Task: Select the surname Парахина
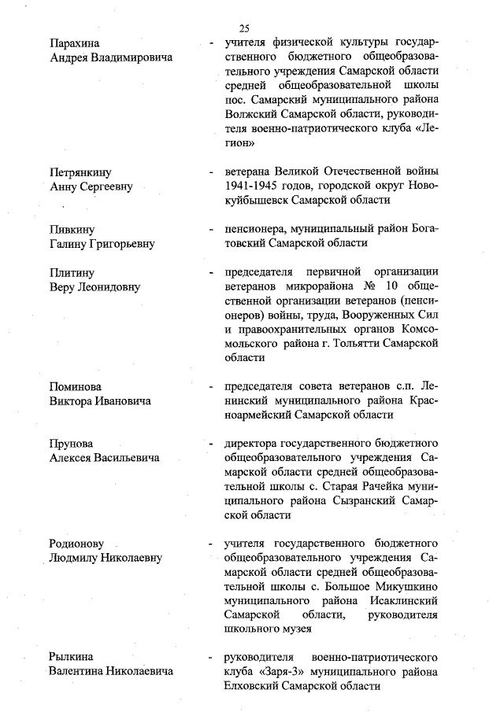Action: [x=76, y=42]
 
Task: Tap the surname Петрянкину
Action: [x=81, y=172]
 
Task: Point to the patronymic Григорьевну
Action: [x=123, y=244]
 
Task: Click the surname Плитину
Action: [x=72, y=272]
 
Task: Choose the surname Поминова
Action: [x=76, y=387]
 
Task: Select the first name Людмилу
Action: [x=76, y=558]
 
